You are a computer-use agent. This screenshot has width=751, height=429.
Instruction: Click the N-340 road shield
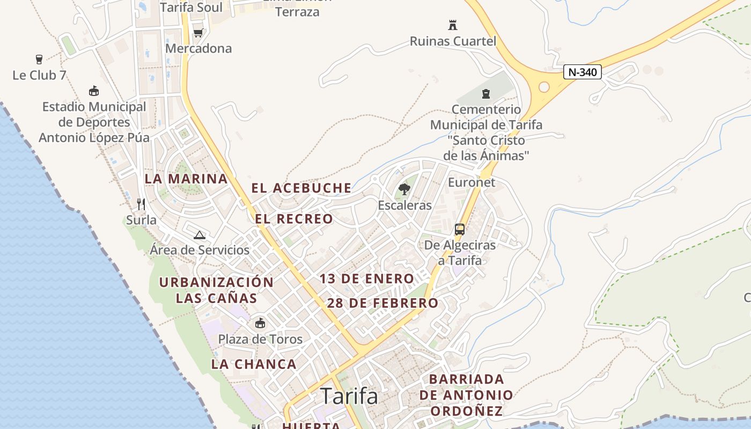[x=582, y=72]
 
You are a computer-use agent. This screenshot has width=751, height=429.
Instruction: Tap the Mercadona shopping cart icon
[x=198, y=33]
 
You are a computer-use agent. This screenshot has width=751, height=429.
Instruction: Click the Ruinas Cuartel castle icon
[x=453, y=25]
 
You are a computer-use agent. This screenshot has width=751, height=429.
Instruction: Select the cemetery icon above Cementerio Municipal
[x=486, y=94]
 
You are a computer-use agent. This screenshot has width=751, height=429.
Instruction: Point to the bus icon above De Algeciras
[x=460, y=230]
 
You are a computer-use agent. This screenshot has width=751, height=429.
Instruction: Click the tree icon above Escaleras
[x=404, y=189]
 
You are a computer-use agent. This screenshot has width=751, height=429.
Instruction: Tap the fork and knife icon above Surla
[x=141, y=204]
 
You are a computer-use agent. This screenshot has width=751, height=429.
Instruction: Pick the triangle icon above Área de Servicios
[x=200, y=234]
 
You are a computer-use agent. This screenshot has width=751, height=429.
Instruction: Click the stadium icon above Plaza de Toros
[x=260, y=323]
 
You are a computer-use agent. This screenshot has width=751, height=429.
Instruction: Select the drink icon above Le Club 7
[x=39, y=59]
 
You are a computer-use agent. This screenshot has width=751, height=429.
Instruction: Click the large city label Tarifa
[x=349, y=396]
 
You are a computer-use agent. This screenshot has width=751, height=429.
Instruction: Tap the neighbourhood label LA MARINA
[x=186, y=179]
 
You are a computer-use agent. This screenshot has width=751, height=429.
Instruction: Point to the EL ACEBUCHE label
[x=301, y=188]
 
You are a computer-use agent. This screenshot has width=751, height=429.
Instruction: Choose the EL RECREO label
[x=294, y=219]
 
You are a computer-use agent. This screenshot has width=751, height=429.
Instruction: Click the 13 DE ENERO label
[x=367, y=279]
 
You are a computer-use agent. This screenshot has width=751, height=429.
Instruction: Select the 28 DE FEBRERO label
[x=382, y=303]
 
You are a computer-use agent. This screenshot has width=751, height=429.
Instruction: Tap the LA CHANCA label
[x=254, y=364]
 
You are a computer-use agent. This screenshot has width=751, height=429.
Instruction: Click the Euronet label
[x=472, y=182]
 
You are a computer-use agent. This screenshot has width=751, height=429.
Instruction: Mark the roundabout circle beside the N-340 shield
[x=544, y=87]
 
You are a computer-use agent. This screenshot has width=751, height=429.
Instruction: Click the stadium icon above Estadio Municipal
[x=94, y=91]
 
